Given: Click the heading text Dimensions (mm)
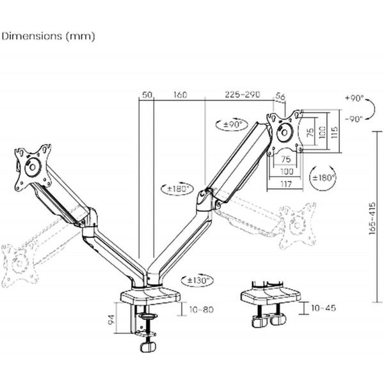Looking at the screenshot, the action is [48, 36].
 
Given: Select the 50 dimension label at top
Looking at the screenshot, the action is [147, 95].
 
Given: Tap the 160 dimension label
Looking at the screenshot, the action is [180, 95].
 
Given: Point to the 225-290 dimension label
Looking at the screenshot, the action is [242, 94].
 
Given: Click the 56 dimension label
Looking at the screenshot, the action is [280, 96].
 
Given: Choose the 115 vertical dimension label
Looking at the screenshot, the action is [334, 132].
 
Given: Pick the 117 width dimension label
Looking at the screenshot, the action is [286, 184].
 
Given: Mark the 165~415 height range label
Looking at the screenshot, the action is [372, 218].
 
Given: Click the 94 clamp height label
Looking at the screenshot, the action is [111, 319].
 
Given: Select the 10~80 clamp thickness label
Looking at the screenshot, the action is [202, 310].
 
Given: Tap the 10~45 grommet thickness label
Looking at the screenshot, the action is [323, 308].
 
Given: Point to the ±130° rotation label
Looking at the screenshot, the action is [197, 280].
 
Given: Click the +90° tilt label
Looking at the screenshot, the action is [355, 98].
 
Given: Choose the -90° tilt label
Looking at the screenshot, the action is [354, 119].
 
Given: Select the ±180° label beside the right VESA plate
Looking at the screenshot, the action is [323, 177].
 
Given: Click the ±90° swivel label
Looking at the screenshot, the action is [232, 124].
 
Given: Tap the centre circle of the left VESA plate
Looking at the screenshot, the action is [33, 168].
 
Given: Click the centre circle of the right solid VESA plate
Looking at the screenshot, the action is [285, 132].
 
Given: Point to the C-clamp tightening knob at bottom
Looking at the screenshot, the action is [148, 347].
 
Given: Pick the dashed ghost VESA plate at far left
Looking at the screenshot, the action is [20, 264].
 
